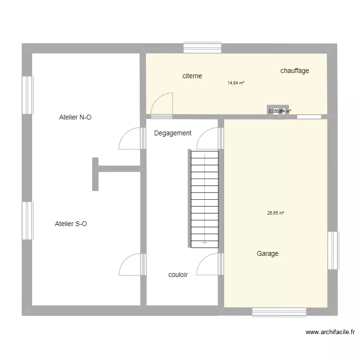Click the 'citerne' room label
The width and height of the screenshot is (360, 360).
tap(192, 76)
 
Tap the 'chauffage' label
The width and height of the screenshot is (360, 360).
tap(295, 71)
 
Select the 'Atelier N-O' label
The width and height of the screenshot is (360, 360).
tap(75, 117)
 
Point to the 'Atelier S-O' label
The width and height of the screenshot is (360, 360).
tap(71, 224)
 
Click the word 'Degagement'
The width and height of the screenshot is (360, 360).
tap(173, 133)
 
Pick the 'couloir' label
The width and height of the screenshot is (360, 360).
tap(178, 275)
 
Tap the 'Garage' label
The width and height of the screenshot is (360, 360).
tap(267, 254)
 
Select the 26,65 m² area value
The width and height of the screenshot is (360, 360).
tap(276, 214)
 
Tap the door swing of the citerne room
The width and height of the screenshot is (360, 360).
tap(162, 105)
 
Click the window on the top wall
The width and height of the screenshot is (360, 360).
tap(202, 48)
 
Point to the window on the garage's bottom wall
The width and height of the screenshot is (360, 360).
tap(279, 312)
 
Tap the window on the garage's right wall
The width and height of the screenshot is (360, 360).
tap(333, 251)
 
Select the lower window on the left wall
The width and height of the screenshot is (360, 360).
tap(27, 220)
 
